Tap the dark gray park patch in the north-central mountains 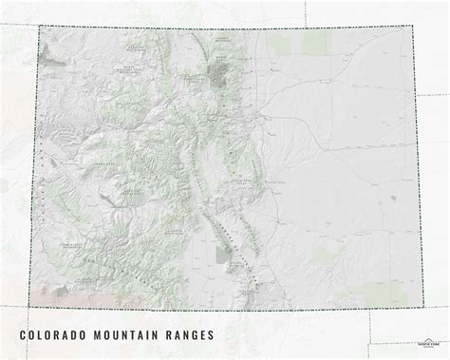[x=227, y=73]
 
